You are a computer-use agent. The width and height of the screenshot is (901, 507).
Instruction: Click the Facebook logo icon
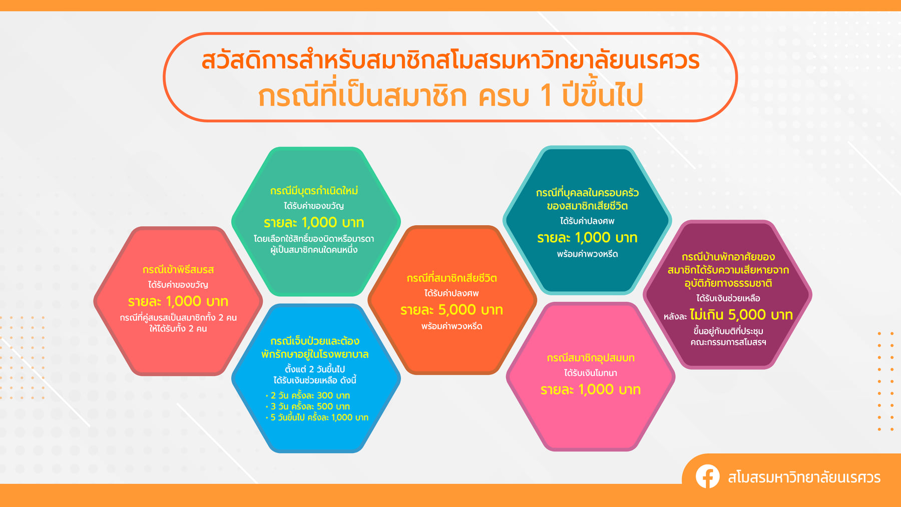tap(707, 476)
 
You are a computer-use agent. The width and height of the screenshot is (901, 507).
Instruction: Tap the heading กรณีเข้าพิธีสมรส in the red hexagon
tap(178, 270)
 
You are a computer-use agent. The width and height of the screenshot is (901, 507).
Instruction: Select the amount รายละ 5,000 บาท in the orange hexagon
tap(452, 310)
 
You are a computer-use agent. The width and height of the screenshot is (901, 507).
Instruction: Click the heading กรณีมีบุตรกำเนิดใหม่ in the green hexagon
tap(314, 191)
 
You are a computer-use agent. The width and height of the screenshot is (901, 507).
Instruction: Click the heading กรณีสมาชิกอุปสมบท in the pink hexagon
tap(591, 358)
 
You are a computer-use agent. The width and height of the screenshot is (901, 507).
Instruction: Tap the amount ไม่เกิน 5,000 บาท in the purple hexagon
tap(741, 315)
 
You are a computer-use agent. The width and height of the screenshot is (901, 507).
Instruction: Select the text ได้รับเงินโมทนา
tap(591, 373)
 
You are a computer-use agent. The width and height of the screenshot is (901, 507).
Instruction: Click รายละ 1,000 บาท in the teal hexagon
tap(587, 238)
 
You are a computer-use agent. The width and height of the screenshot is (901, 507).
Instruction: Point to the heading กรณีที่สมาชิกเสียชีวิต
tap(452, 278)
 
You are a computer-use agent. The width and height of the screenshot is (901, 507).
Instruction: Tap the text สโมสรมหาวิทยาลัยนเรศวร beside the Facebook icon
tap(804, 477)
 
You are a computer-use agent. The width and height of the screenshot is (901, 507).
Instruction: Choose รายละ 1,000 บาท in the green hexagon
tap(314, 222)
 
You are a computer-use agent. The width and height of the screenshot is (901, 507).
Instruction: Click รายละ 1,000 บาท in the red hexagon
tap(178, 301)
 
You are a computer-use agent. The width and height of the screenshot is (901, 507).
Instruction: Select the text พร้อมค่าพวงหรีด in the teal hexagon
tap(587, 254)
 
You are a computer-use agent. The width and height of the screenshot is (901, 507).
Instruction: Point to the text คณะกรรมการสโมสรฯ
tap(728, 343)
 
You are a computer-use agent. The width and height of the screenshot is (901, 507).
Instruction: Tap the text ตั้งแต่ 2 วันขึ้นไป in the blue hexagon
tap(315, 369)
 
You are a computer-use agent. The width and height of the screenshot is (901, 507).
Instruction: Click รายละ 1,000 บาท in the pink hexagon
tap(591, 389)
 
